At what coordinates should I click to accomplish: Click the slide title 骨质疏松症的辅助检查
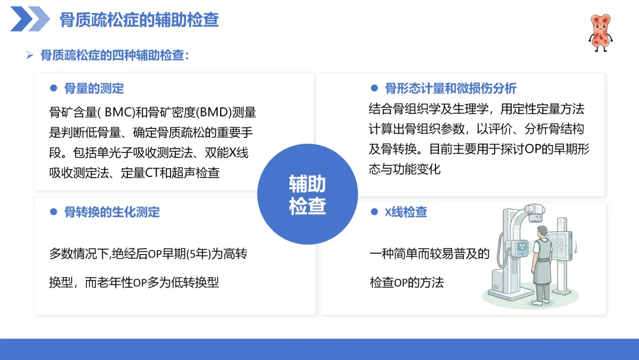(x=140, y=20)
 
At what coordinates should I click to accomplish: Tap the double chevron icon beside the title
(x=30, y=19)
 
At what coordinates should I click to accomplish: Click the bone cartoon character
(x=601, y=33)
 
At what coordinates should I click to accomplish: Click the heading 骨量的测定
(x=94, y=88)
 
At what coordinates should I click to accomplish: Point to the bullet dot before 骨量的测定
(x=53, y=88)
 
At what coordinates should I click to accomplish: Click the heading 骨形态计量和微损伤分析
(x=451, y=88)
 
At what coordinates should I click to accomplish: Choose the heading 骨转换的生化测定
(x=112, y=212)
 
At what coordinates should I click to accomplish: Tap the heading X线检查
(x=406, y=212)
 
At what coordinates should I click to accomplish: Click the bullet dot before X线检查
(x=375, y=212)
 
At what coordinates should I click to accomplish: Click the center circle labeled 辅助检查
(x=308, y=194)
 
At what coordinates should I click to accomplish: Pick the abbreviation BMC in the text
(x=120, y=112)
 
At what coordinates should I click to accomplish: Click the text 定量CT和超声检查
(x=170, y=173)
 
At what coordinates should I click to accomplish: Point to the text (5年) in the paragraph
(x=198, y=254)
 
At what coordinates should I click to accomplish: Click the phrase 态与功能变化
(x=405, y=169)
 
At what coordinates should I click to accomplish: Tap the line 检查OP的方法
(x=406, y=282)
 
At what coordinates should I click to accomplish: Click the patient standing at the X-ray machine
(x=541, y=265)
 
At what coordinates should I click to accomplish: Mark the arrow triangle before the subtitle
(x=30, y=55)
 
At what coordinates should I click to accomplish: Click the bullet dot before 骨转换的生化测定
(x=53, y=212)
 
